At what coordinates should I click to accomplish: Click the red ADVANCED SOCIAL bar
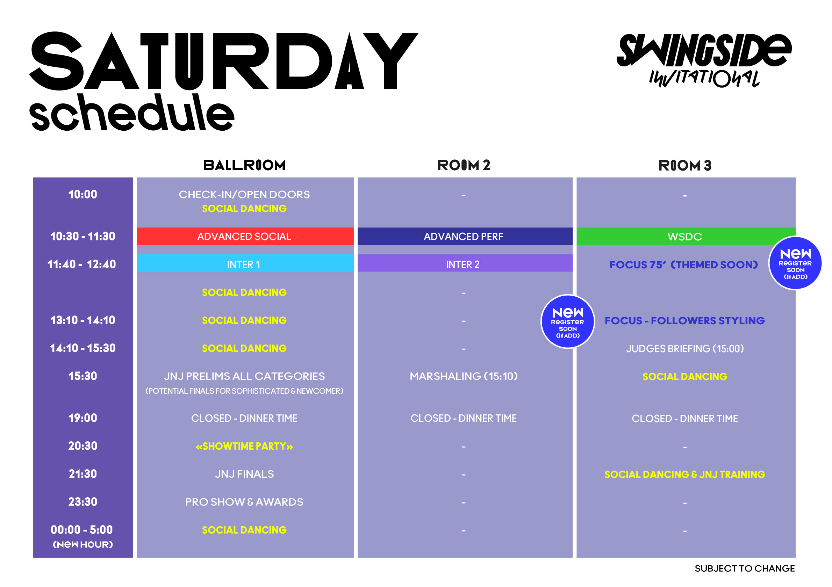click(x=245, y=236)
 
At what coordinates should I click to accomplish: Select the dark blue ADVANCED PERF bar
click(x=465, y=236)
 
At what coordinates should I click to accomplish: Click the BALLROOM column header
click(x=244, y=166)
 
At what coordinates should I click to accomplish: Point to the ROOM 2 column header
click(x=464, y=166)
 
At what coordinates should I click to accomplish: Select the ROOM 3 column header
click(x=685, y=166)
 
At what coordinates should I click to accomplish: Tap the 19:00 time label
click(x=83, y=418)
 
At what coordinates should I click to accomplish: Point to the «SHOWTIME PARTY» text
click(x=244, y=446)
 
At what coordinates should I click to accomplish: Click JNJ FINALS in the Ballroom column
click(x=244, y=474)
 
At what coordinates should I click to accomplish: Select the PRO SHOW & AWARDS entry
click(x=244, y=502)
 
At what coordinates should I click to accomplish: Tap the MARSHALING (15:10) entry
click(x=464, y=376)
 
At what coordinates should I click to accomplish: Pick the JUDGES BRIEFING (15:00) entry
click(x=685, y=349)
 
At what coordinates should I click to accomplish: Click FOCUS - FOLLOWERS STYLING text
click(x=685, y=320)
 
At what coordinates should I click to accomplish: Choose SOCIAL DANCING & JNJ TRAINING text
click(x=685, y=474)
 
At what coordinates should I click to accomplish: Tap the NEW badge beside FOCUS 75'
click(x=795, y=263)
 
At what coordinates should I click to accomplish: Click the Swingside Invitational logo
click(x=704, y=60)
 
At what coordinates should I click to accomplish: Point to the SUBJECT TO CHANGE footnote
click(x=745, y=568)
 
